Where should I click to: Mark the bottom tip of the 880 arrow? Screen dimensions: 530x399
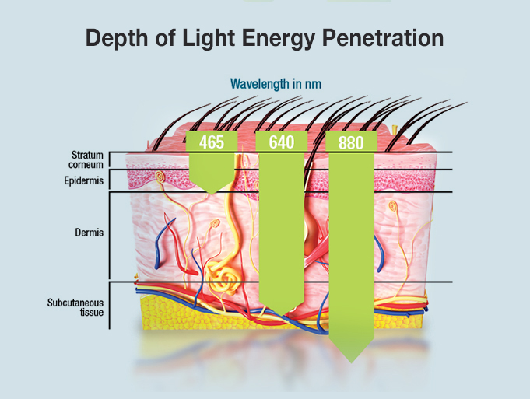tap(352, 361)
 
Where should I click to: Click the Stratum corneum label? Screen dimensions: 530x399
tap(87, 159)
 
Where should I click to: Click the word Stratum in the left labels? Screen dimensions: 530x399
tap(87, 155)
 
